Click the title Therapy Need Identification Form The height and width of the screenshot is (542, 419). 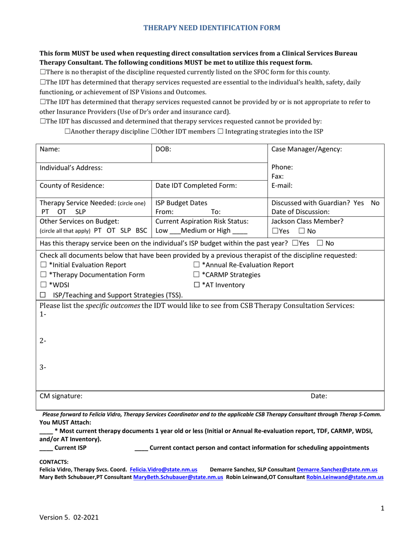[x=212, y=28]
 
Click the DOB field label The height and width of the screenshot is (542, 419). [x=163, y=149]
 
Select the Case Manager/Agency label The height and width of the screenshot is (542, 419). [x=307, y=149]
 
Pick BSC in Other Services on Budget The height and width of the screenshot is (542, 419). [x=142, y=230]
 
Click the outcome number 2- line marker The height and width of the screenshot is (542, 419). [x=43, y=341]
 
